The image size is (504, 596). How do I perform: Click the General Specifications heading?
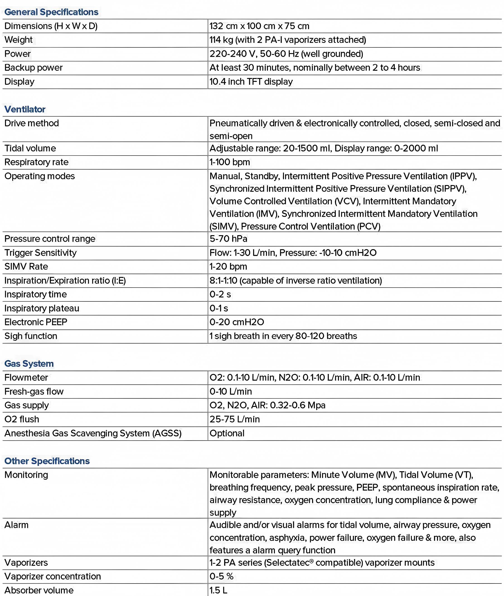pos(51,12)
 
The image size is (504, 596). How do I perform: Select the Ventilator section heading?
pos(25,109)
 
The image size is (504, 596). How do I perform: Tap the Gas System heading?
pos(29,364)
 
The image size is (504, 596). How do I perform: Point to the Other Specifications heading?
pos(47,461)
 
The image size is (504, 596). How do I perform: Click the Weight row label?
pos(19,40)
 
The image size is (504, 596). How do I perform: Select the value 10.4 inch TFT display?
pos(251,81)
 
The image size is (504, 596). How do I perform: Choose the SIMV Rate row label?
pos(26,266)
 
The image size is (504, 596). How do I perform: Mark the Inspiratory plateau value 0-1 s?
pos(219,308)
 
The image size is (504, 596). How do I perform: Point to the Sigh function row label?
pos(31,336)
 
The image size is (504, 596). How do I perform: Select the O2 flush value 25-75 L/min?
pos(235,419)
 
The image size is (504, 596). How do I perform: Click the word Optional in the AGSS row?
pos(227,433)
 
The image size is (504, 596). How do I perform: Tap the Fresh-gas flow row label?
pos(34,391)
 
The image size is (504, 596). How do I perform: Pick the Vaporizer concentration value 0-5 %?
pos(222,576)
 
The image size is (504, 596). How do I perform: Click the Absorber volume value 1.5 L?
pos(218,590)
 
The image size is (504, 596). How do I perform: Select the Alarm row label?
pos(17,525)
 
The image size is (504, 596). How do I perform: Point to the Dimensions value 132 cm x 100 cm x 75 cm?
pos(259,26)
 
